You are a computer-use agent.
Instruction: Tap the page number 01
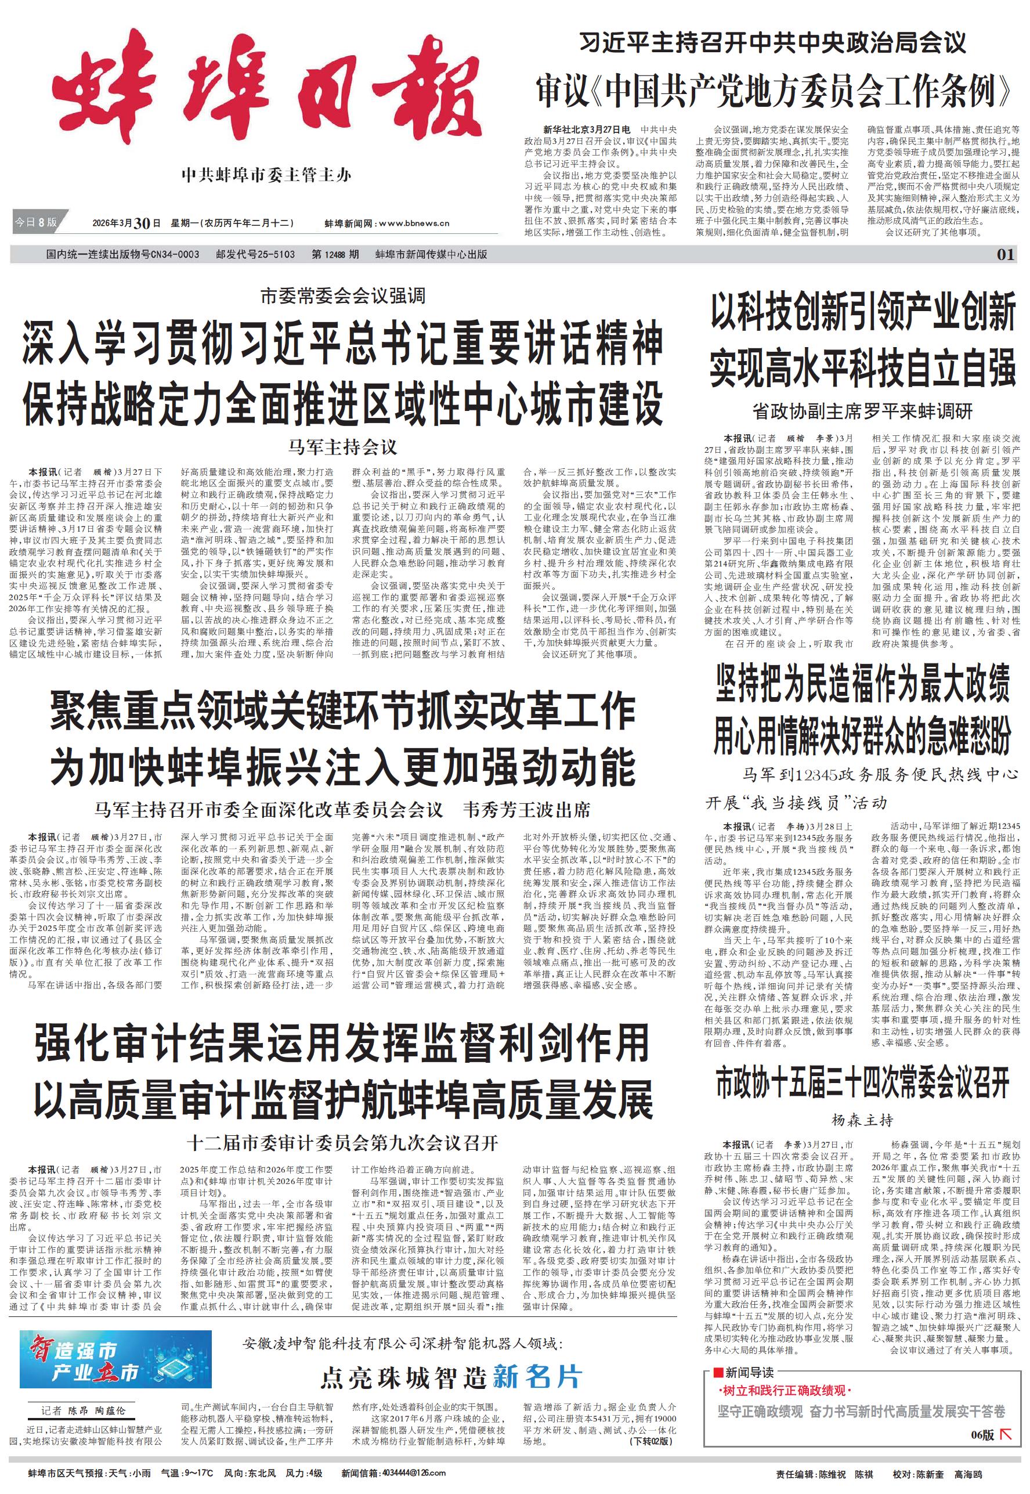1006,254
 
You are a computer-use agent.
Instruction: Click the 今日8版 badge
36,223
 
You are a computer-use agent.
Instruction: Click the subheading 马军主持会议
343,446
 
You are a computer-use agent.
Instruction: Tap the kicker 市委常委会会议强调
343,296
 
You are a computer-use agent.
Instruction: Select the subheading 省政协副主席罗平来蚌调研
862,411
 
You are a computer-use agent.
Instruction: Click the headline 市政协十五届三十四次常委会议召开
862,1084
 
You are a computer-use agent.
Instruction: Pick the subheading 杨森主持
862,1119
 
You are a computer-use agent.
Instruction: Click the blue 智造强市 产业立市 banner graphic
115,1359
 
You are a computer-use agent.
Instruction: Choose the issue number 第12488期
335,254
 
